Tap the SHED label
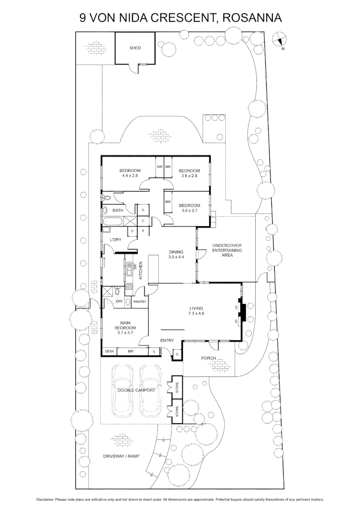coord(135,48)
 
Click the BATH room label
coord(118,210)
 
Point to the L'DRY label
coord(115,240)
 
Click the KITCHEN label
coord(140,271)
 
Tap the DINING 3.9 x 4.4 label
coord(176,254)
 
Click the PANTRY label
coord(140,302)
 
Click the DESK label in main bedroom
coord(109,351)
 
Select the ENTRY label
coord(167,340)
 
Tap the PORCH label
coord(208,358)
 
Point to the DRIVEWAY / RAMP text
coord(122,457)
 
